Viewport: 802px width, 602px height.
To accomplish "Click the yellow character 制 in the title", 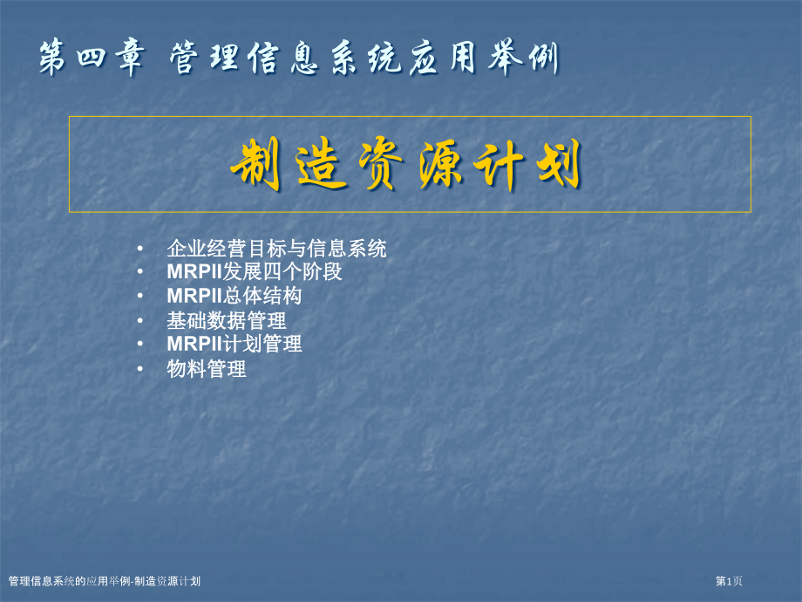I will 255,165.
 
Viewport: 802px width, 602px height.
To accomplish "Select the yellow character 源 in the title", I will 454,165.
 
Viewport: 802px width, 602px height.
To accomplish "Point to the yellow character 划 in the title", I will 556,165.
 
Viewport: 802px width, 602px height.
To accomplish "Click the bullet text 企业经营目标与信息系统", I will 276,249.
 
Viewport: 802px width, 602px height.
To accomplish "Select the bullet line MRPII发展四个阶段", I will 255,271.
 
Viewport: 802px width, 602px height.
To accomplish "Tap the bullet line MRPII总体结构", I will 234,296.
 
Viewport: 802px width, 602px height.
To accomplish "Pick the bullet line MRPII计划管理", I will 234,344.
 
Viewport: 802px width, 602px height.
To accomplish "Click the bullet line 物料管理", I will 207,369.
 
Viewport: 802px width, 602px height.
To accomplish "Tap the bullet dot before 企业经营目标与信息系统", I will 141,250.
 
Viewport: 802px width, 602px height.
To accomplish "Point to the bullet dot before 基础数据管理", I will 141,321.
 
